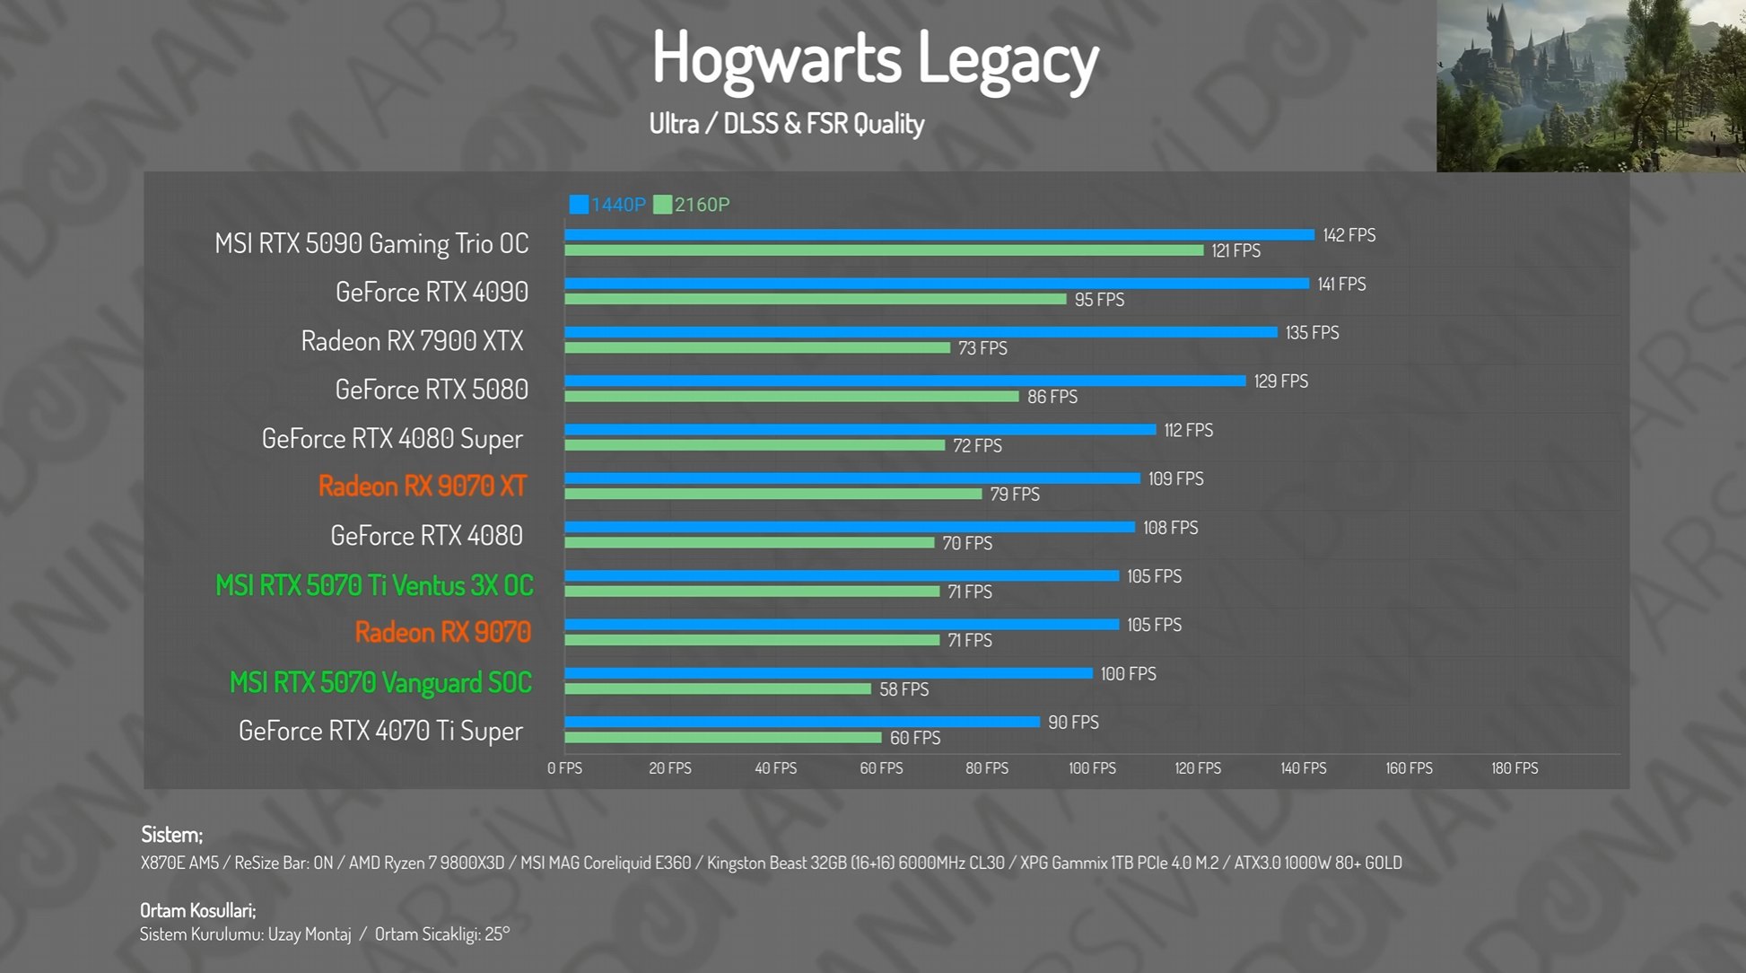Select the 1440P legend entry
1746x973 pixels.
(x=607, y=205)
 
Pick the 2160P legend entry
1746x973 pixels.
(x=692, y=205)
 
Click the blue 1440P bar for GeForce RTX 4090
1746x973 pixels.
(x=936, y=284)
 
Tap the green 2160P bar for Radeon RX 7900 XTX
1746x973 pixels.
(x=756, y=347)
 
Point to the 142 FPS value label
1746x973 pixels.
(x=1349, y=235)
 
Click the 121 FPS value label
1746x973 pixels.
(x=1235, y=251)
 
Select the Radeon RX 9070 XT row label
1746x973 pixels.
(x=422, y=486)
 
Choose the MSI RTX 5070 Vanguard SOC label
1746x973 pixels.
(x=380, y=682)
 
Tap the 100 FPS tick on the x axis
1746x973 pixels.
(x=1092, y=768)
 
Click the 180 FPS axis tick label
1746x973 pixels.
(x=1515, y=768)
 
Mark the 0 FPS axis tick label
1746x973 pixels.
(x=564, y=768)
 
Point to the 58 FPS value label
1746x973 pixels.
(x=904, y=689)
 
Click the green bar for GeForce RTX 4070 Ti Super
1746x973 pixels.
(x=722, y=738)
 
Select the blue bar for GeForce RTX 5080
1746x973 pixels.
(x=904, y=381)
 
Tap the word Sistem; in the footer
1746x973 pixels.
(x=171, y=835)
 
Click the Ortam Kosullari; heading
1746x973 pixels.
(x=197, y=910)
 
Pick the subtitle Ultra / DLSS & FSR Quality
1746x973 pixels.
(x=786, y=124)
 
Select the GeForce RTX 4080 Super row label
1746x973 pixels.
(x=392, y=439)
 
